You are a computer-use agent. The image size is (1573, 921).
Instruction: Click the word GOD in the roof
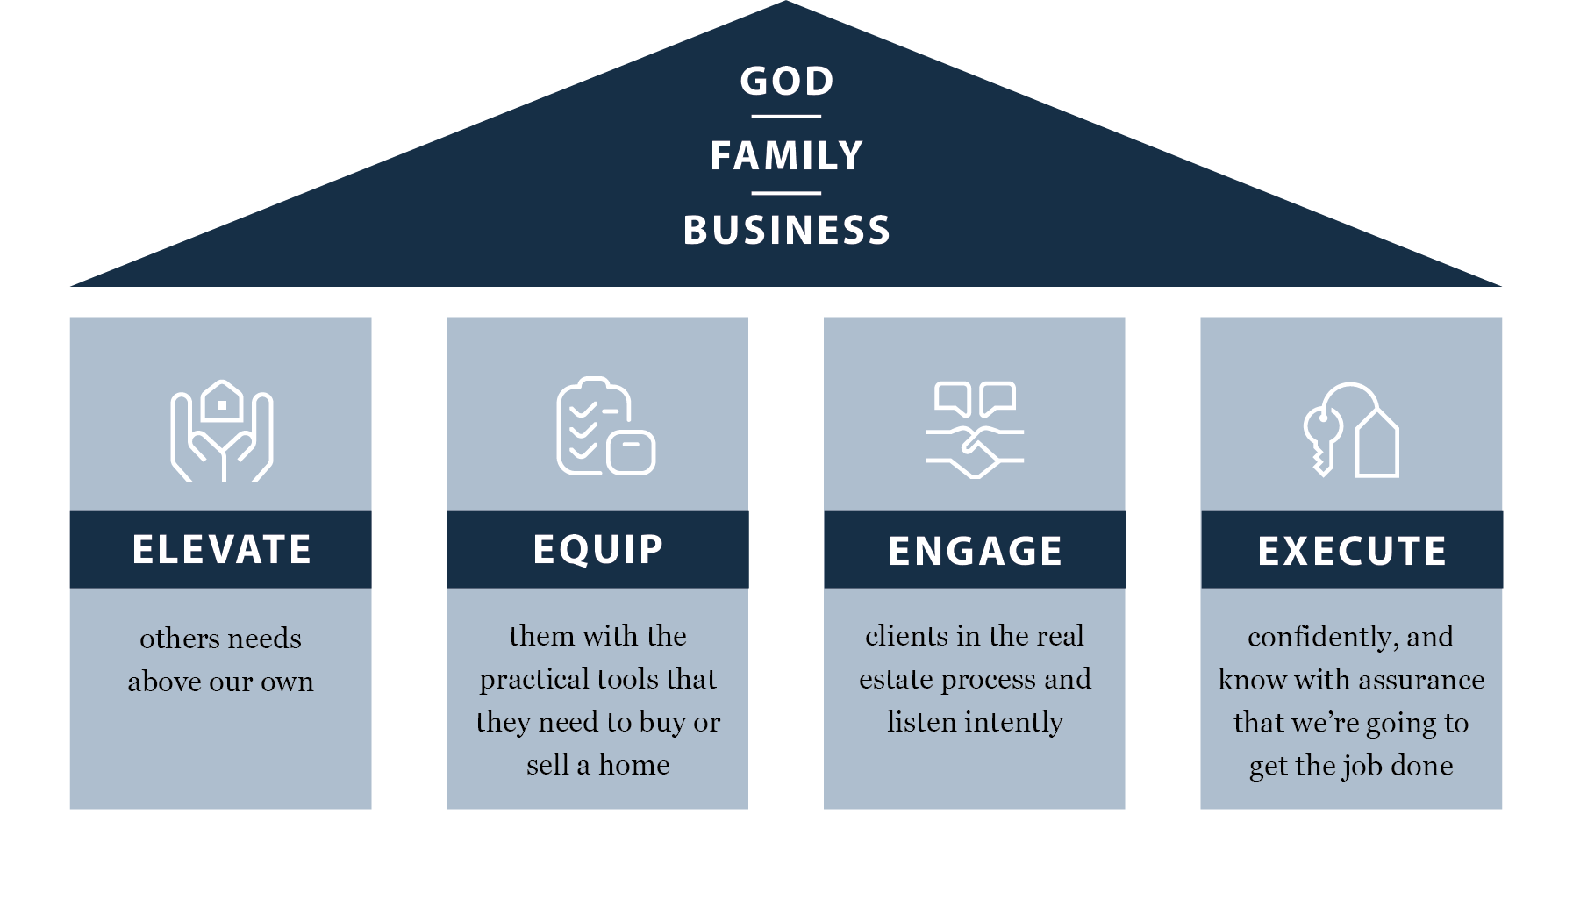coord(787,82)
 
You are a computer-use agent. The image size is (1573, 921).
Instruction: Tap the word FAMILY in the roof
coord(787,156)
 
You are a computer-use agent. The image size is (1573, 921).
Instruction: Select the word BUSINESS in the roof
coord(787,231)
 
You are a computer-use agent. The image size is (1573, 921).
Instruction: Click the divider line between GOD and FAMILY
coord(786,116)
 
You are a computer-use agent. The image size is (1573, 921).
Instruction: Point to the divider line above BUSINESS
coord(786,193)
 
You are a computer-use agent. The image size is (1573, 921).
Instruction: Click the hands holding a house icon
coord(221,431)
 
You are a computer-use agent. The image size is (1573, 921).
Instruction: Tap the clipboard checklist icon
coord(605,427)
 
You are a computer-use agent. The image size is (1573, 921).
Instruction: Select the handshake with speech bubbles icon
coord(975,430)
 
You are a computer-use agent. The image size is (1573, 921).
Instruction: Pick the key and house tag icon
coord(1351,431)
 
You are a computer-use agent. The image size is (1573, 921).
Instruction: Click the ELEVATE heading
coord(221,550)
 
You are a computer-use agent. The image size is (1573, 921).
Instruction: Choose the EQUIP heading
coord(598,550)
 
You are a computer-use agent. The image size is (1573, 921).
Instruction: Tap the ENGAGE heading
coord(975,551)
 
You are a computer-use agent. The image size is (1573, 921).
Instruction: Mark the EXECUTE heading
coord(1352,551)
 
